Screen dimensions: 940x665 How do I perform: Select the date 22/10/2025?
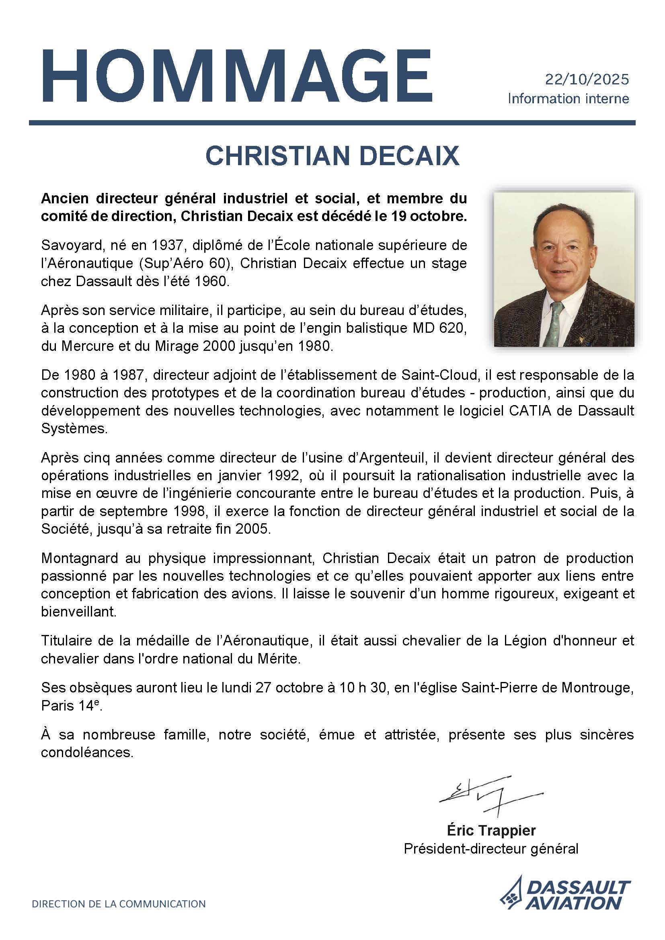coord(586,79)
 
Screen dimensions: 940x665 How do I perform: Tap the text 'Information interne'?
coord(568,99)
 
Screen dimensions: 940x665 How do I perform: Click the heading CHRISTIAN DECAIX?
coord(332,156)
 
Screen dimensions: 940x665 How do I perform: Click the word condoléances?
coord(87,752)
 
